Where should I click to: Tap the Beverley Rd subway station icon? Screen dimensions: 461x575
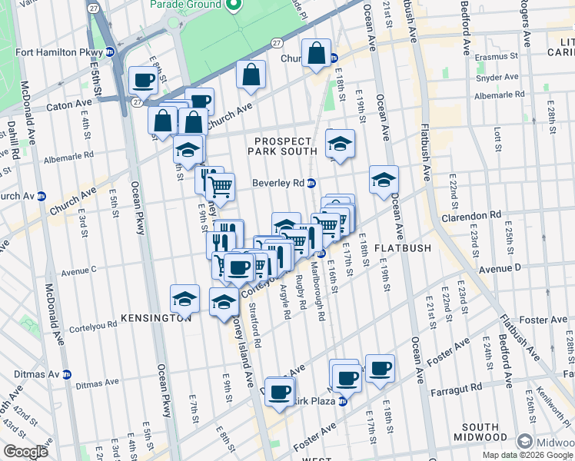[311, 184]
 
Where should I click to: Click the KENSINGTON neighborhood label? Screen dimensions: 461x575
[156, 317]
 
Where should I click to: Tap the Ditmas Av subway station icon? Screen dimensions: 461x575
[67, 374]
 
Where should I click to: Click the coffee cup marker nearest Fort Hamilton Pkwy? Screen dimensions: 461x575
[144, 79]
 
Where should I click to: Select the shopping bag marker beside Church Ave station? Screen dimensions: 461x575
[316, 54]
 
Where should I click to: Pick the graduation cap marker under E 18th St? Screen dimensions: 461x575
[340, 143]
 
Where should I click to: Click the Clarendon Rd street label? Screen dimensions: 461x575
[471, 216]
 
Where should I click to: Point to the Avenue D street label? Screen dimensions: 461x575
[500, 267]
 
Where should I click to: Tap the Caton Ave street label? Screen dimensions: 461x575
[69, 104]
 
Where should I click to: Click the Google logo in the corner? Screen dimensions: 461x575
[25, 452]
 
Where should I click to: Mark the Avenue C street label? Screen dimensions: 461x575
[78, 270]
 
